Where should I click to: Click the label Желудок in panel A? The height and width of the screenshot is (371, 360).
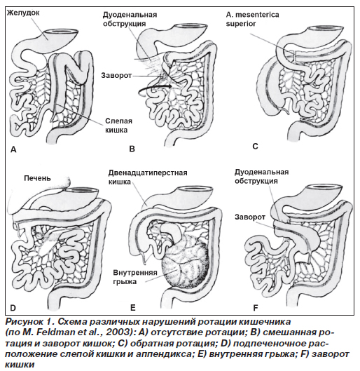point(23,13)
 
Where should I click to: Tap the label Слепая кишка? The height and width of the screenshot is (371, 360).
point(118,126)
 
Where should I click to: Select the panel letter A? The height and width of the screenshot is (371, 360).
point(13,149)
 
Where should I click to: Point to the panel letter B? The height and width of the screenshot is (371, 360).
point(132,149)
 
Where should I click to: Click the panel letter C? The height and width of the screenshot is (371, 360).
point(255,146)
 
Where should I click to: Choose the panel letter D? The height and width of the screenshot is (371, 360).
point(13,308)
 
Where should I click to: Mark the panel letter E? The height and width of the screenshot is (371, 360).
point(133,308)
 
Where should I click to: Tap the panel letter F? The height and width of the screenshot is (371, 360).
point(256,308)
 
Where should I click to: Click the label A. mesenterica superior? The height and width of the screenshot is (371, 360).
point(252,19)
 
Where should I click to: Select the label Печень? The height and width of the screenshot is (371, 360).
point(37,178)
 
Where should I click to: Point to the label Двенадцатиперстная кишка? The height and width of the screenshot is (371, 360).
point(148,177)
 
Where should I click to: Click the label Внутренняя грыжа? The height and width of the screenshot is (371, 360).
point(135,277)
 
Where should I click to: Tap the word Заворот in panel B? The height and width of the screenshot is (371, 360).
point(116,76)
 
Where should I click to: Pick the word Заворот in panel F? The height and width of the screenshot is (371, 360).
point(250,217)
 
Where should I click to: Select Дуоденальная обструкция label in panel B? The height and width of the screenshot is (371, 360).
point(130,19)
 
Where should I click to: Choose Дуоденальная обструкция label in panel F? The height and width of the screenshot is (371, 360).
point(261,177)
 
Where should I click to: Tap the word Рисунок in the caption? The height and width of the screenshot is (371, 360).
point(23,322)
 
